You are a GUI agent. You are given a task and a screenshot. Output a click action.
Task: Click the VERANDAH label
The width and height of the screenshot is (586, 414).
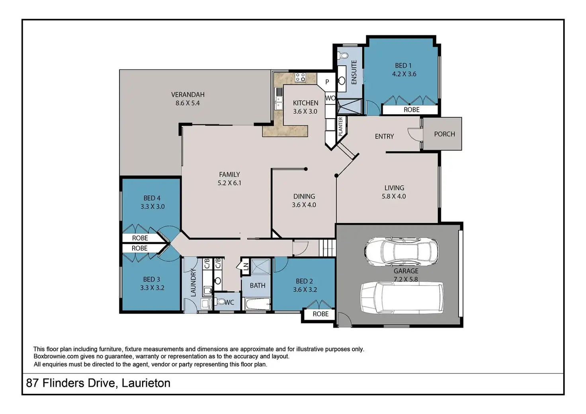click(188, 94)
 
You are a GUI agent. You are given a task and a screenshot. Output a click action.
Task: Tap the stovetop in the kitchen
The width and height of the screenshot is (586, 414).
click(300, 77)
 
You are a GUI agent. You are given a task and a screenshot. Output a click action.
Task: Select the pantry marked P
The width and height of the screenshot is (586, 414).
click(327, 82)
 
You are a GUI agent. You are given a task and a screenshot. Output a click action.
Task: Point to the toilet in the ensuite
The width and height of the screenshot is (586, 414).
click(343, 56)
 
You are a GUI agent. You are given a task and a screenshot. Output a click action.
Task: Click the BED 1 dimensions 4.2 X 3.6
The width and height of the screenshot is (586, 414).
click(404, 74)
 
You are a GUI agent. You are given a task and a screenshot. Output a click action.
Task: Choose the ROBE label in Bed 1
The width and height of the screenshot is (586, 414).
click(411, 109)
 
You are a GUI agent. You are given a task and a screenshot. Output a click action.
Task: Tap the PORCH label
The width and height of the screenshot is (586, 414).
click(444, 134)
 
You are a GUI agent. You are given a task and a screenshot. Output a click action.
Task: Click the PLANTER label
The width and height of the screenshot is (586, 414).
click(340, 126)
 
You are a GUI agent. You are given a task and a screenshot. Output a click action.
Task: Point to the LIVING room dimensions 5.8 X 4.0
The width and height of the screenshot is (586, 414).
click(394, 196)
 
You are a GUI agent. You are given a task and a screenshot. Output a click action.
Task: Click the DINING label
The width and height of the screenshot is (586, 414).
click(304, 196)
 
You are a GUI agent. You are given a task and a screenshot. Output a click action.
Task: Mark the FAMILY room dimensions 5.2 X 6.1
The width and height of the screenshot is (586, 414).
click(229, 183)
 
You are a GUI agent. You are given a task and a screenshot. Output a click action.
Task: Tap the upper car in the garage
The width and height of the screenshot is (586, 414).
click(401, 252)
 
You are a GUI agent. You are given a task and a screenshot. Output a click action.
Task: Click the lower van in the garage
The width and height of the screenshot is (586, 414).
click(402, 298)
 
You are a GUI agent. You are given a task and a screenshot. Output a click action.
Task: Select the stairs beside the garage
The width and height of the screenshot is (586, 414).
click(327, 248)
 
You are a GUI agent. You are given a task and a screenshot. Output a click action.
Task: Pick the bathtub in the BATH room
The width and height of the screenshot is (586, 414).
click(258, 304)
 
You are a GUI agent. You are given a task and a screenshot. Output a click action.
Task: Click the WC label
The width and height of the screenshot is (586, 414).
click(229, 302)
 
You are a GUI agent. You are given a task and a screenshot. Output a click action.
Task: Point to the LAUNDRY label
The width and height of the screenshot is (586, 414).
click(193, 282)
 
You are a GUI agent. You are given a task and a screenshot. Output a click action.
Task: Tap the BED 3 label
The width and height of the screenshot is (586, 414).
click(151, 280)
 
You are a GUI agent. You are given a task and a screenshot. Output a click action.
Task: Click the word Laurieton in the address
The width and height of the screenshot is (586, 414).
click(146, 383)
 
